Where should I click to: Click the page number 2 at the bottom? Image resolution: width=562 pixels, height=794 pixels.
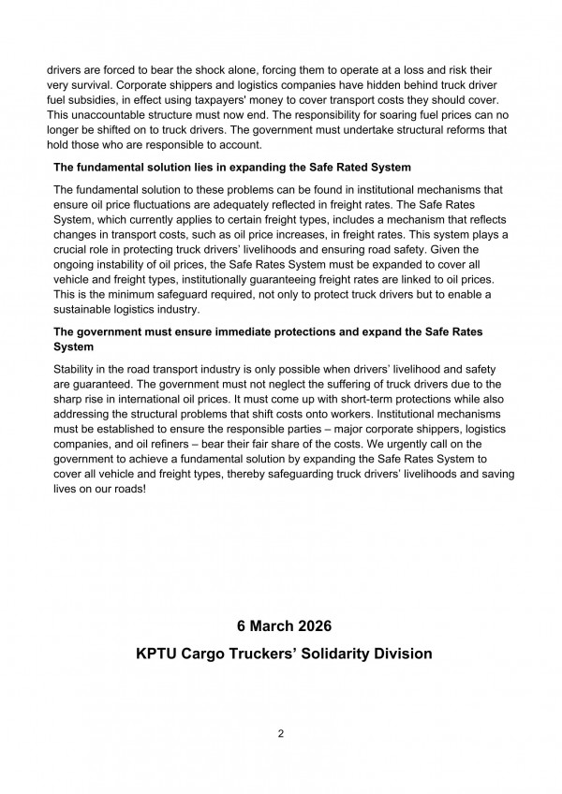coord(280,733)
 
